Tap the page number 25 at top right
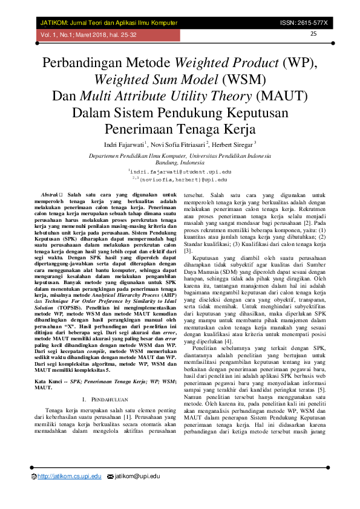[x=313, y=33]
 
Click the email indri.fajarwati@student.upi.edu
[x=180, y=172]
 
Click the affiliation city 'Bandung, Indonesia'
[x=180, y=163]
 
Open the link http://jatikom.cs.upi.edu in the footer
[x=69, y=477]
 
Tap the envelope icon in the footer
[x=110, y=477]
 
